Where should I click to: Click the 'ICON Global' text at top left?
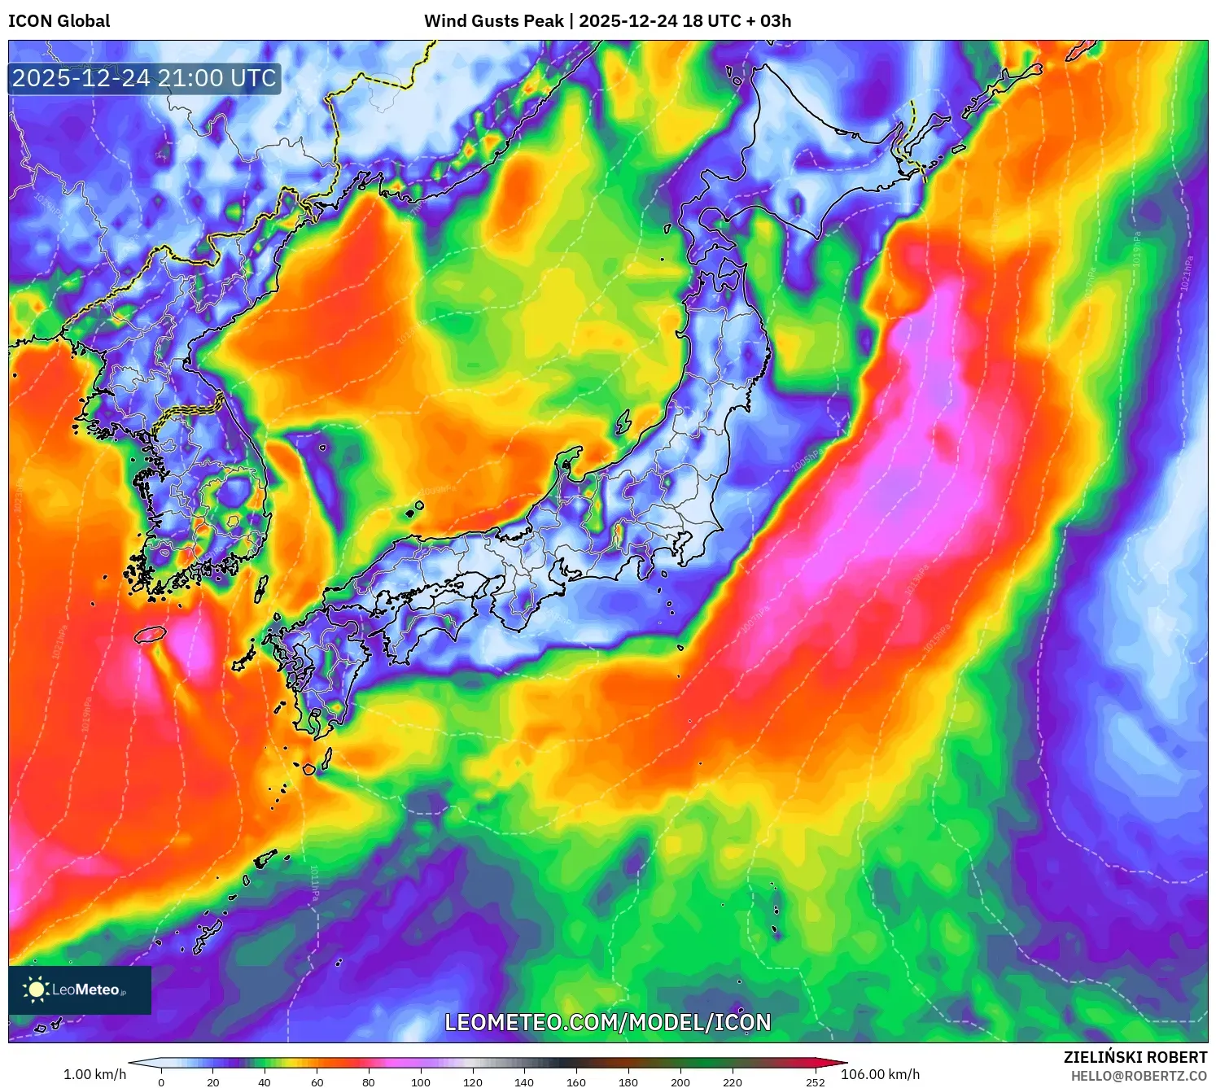(x=59, y=21)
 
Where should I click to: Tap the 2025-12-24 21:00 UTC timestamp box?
(x=144, y=78)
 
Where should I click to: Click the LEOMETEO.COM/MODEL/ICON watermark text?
(x=607, y=1022)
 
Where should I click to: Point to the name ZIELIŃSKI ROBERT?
(x=1135, y=1057)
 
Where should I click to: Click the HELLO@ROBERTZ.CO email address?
(x=1138, y=1076)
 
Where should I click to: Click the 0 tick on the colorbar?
(x=161, y=1081)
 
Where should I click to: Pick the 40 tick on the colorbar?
(x=265, y=1081)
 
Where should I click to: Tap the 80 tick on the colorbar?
(x=369, y=1081)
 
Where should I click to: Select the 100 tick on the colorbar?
(x=421, y=1081)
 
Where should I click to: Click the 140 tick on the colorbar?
(x=524, y=1081)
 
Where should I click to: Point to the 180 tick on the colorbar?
(x=628, y=1081)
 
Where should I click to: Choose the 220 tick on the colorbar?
(x=732, y=1081)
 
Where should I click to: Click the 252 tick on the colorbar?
(x=815, y=1081)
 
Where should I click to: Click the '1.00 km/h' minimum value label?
(x=94, y=1074)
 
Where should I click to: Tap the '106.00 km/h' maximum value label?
(x=880, y=1074)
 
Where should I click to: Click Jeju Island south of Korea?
(x=151, y=634)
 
